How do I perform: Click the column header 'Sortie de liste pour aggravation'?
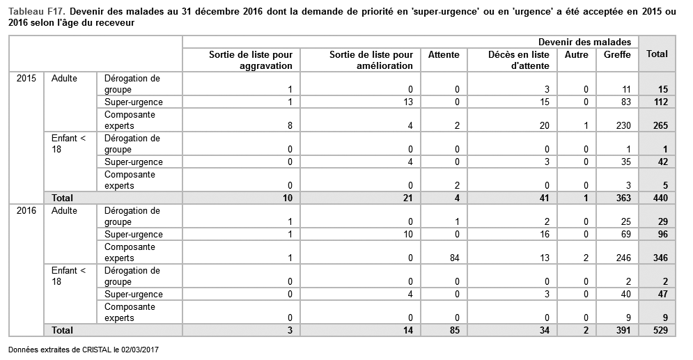pyautogui.click(x=251, y=60)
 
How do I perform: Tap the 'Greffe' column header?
pyautogui.click(x=617, y=54)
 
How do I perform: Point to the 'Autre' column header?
pyautogui.click(x=576, y=54)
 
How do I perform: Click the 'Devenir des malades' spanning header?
pyautogui.click(x=584, y=42)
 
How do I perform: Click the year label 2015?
pyautogui.click(x=26, y=79)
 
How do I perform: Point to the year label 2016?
pyautogui.click(x=26, y=211)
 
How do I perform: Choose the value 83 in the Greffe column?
pyautogui.click(x=625, y=102)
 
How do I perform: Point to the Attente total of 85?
pyautogui.click(x=453, y=330)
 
